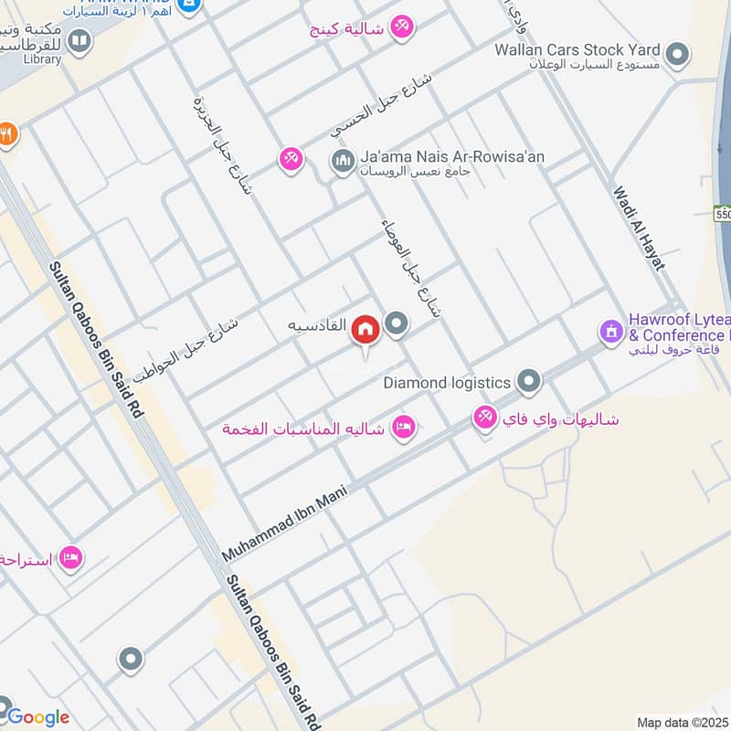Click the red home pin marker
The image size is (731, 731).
(366, 329)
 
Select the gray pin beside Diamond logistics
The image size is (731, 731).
(528, 380)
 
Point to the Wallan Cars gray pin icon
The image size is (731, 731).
(677, 55)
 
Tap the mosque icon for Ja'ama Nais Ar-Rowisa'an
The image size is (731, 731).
(342, 162)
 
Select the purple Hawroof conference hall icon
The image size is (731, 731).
(609, 329)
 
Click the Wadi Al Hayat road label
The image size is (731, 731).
(639, 228)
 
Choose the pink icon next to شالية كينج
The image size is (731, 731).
(401, 28)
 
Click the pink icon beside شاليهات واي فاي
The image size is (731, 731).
(484, 418)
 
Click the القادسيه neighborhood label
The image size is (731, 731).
(317, 324)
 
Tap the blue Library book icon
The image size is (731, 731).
(79, 41)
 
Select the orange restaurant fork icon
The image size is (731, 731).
(6, 133)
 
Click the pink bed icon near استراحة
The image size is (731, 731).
(70, 556)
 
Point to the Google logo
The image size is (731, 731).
(37, 717)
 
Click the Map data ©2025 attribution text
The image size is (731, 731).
(683, 722)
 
